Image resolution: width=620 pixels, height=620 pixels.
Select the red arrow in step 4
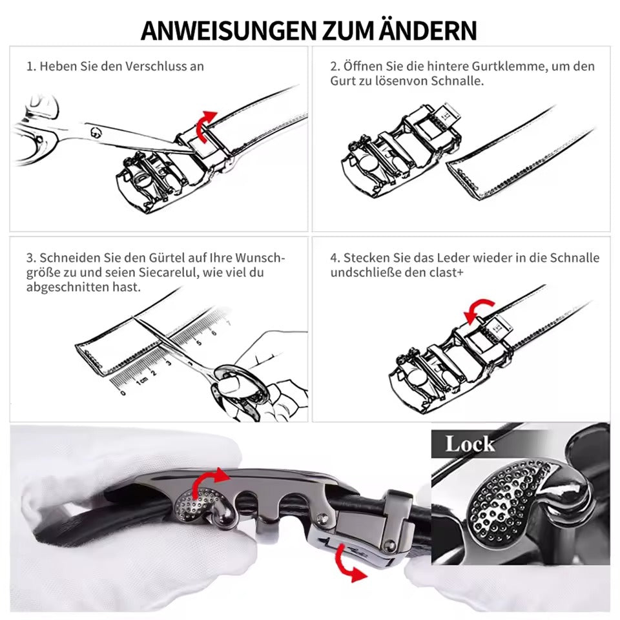tap(479, 311)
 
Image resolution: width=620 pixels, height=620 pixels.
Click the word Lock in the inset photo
tap(470, 444)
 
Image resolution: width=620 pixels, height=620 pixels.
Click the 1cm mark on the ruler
tap(141, 380)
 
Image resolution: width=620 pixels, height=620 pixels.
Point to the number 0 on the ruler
tap(123, 393)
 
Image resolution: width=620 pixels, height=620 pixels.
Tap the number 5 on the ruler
tap(199, 342)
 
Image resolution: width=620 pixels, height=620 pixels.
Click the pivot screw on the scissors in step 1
tap(96, 133)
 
